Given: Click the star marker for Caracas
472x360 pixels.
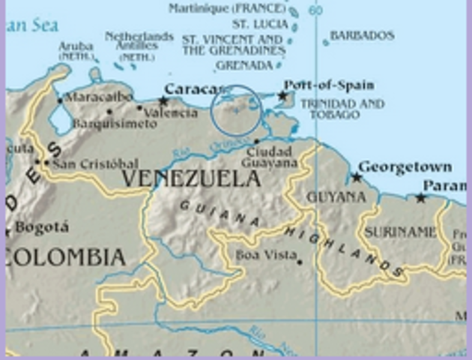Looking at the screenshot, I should tap(163, 100).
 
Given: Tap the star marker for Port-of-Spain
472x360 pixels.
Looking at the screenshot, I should tap(282, 96).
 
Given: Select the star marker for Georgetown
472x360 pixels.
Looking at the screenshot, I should tap(357, 178).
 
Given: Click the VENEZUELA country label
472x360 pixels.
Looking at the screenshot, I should tap(191, 178).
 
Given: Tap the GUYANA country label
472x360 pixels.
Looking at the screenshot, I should tap(336, 197).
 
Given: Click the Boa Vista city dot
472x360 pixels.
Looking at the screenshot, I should tap(299, 262).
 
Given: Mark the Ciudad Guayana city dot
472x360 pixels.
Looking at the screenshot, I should tap(256, 141).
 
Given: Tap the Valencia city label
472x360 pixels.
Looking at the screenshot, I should tap(172, 113).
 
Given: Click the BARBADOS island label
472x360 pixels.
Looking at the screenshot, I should tap(362, 35).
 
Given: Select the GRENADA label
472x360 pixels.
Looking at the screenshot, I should tap(244, 65).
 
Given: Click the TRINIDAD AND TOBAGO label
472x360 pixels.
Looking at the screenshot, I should tap(342, 109).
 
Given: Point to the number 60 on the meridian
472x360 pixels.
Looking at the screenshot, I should tap(315, 10).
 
